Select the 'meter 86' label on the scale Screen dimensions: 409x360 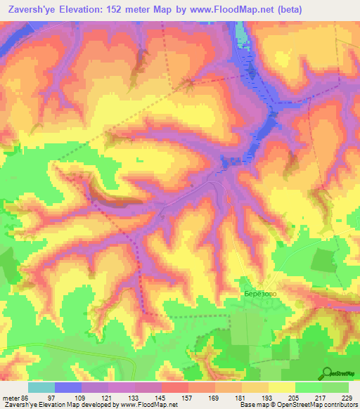pyautogui.click(x=16, y=397)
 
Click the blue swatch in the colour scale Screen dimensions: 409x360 pyautogui.click(x=67, y=387)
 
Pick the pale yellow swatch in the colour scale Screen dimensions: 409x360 pyautogui.click(x=281, y=387)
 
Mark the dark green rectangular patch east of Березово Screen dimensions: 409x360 pyautogui.click(x=323, y=261)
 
